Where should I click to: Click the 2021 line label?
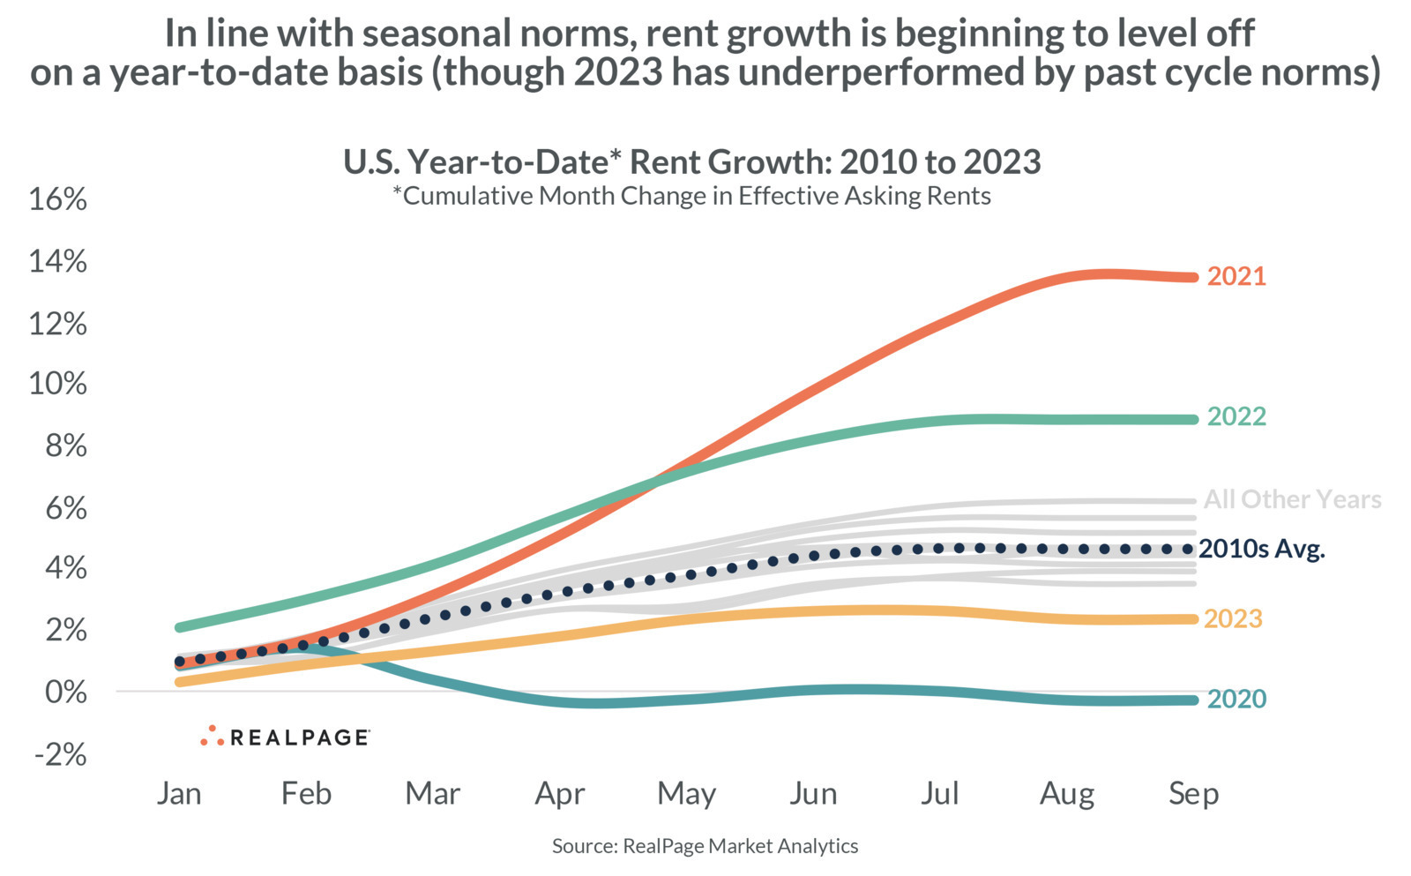click(x=1236, y=277)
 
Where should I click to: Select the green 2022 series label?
click(x=1236, y=416)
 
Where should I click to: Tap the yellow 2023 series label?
click(x=1234, y=619)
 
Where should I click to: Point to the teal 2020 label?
click(x=1236, y=699)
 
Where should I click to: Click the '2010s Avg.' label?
click(x=1262, y=549)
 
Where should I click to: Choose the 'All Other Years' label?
click(x=1293, y=499)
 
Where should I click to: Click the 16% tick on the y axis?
click(x=58, y=199)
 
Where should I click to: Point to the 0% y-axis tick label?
click(x=66, y=692)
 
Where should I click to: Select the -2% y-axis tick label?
click(x=61, y=753)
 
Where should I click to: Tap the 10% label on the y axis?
click(x=58, y=384)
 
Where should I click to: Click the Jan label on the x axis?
click(x=180, y=793)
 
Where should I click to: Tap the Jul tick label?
click(x=940, y=793)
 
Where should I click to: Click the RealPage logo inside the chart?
click(x=285, y=736)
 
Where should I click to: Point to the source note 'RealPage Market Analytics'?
click(x=740, y=846)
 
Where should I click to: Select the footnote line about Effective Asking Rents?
click(x=691, y=196)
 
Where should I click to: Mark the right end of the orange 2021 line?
click(x=1193, y=277)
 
